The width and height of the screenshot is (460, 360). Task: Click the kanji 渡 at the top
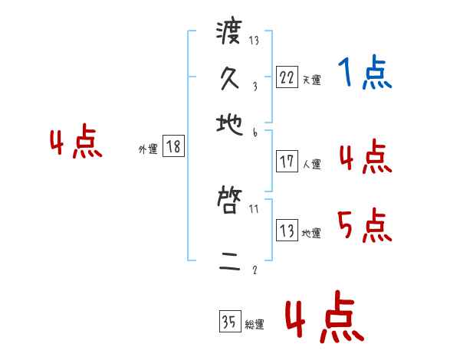point(228,33)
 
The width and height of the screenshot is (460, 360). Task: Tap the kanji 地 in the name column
point(228,120)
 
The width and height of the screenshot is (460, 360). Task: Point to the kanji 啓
point(228,201)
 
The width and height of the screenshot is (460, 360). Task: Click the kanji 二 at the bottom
point(228,263)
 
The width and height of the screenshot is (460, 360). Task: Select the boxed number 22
point(287,77)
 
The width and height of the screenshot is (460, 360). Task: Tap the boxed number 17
point(287,162)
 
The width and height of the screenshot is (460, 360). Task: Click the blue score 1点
point(364,74)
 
